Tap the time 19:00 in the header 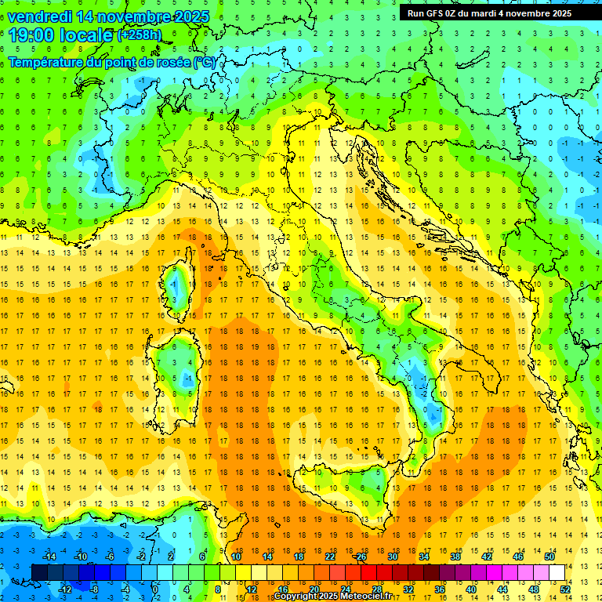33,34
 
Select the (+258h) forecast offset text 140,35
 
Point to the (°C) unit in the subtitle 204,61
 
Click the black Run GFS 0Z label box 489,13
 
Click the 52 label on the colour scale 565,589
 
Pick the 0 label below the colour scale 155,589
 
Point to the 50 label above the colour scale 549,556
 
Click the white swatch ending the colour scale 557,572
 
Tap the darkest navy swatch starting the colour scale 39,572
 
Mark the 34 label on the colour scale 424,556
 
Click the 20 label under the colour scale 314,589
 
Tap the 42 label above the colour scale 487,556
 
